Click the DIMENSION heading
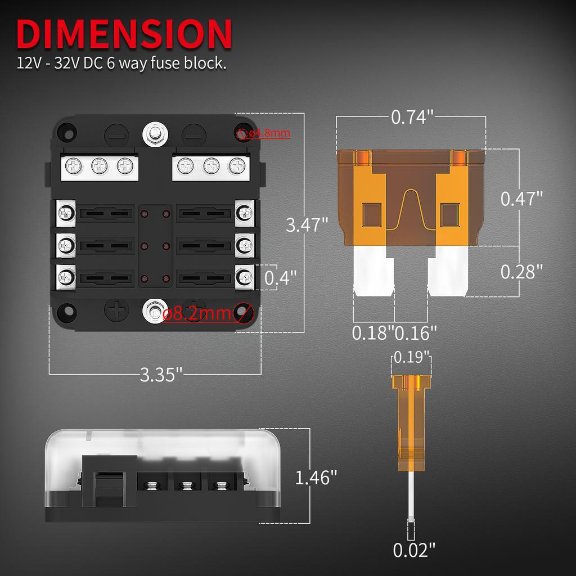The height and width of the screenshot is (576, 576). click(x=124, y=34)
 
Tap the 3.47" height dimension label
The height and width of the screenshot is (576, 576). click(x=307, y=225)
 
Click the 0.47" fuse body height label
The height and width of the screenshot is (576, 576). click(x=521, y=199)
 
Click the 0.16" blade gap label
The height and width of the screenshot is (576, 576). click(x=416, y=332)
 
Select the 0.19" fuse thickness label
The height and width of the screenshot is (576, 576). click(x=412, y=357)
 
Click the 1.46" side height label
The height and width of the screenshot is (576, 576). click(x=316, y=478)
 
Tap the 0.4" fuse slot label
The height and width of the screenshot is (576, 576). click(x=280, y=277)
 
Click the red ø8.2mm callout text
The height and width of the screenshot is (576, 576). click(x=196, y=313)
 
